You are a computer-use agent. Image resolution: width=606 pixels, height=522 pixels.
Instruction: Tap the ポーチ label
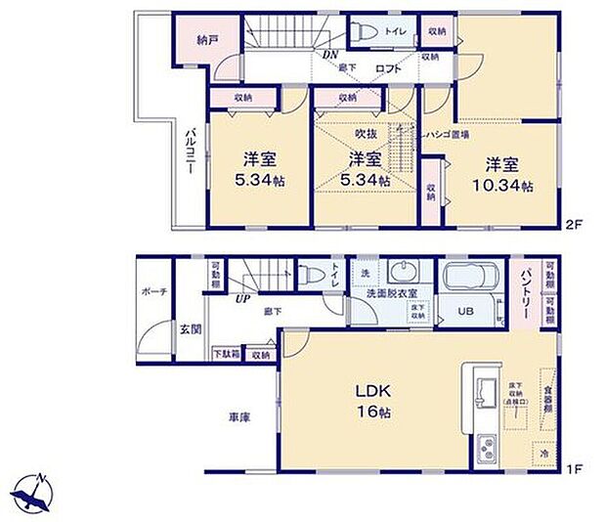click(152, 290)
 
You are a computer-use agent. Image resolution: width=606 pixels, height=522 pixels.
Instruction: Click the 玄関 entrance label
click(193, 329)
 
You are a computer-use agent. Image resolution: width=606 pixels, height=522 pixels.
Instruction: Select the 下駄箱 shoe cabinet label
click(226, 353)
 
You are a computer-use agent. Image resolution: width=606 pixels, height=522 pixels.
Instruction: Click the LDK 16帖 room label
click(370, 401)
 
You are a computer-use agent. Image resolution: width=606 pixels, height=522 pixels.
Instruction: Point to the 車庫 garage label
click(238, 417)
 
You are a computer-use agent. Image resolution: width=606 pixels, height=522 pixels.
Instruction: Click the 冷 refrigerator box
click(541, 454)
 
